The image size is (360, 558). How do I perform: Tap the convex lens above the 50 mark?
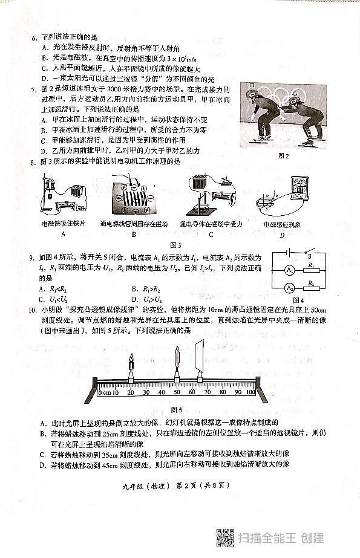[x=177, y=363]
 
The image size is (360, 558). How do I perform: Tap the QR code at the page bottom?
[x=225, y=537]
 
